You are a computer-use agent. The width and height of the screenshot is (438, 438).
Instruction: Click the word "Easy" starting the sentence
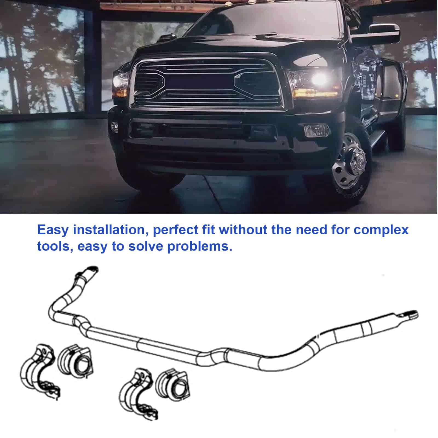click(53, 230)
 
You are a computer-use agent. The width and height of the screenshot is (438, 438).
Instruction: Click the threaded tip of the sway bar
click(411, 314)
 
